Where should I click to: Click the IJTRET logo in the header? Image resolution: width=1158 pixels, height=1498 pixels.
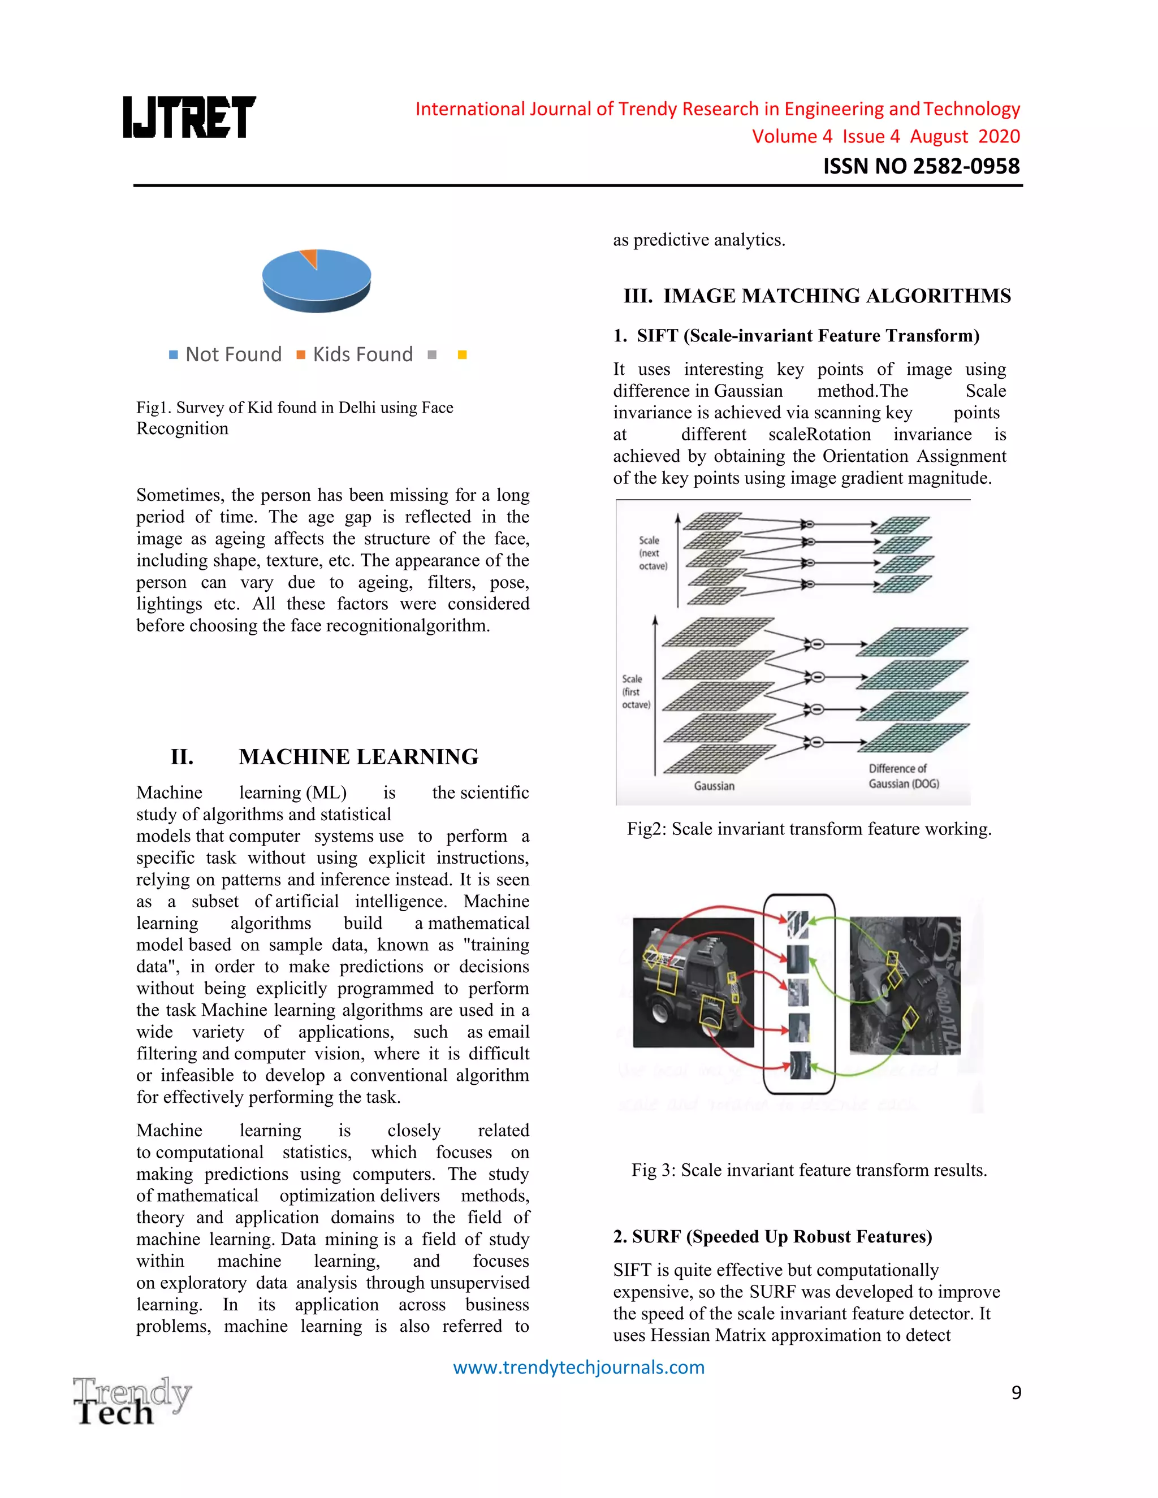[x=189, y=116]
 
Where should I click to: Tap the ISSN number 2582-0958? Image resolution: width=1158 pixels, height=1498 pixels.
[x=921, y=166]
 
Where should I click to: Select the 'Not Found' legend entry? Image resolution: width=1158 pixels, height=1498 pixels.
[x=226, y=354]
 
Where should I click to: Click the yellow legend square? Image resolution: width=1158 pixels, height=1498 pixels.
[x=463, y=354]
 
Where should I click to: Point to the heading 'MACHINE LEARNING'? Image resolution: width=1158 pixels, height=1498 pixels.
[x=358, y=756]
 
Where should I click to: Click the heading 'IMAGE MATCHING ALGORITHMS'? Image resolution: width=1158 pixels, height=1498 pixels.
[x=816, y=296]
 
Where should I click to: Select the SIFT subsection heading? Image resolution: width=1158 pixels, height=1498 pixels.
[x=796, y=335]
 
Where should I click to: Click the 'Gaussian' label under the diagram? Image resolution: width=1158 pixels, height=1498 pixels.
[x=714, y=786]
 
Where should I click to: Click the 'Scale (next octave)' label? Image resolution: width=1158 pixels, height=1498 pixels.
[x=652, y=553]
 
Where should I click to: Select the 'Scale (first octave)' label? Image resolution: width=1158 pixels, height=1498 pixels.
[x=635, y=691]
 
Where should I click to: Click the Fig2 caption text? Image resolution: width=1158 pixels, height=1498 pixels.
[x=809, y=829]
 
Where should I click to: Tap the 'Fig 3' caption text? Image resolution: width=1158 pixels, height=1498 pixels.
[x=809, y=1170]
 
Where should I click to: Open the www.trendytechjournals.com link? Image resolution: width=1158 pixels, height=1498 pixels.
[x=578, y=1367]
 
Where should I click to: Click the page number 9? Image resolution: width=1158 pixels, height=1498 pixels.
[x=1016, y=1392]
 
